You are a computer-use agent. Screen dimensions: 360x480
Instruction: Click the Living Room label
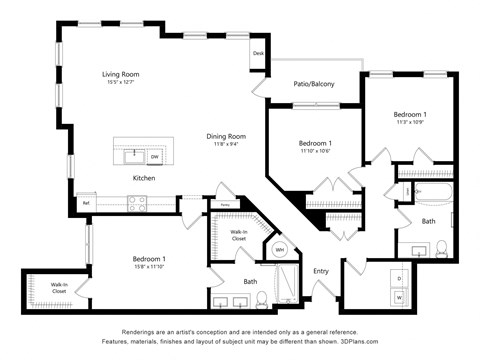pos(119,74)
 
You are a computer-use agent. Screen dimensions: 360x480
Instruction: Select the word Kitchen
pos(145,178)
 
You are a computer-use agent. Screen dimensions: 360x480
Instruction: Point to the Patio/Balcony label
pos(314,84)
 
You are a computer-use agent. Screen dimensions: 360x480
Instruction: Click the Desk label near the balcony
pos(258,53)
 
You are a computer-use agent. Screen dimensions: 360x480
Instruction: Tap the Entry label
pos(321,271)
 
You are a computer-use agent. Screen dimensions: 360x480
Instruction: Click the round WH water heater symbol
pos(280,249)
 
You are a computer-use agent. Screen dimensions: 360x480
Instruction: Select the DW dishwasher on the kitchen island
pos(155,157)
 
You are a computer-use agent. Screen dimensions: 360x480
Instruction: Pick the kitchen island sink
pos(131,156)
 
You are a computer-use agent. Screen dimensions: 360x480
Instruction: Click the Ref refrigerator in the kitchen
pos(86,203)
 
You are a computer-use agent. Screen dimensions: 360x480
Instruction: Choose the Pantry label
pos(226,205)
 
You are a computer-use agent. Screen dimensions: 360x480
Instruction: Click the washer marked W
pos(400,296)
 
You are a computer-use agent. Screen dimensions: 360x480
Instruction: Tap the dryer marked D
pos(400,277)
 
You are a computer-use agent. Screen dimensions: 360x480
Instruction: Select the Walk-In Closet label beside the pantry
pos(238,236)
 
